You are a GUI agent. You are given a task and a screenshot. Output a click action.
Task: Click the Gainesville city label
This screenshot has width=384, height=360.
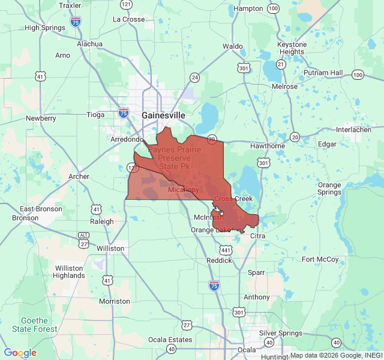point(163,115)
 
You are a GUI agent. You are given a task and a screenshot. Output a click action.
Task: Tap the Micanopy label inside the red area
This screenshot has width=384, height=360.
point(183,190)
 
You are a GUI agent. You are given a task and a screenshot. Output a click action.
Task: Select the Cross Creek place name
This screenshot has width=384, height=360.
point(233,199)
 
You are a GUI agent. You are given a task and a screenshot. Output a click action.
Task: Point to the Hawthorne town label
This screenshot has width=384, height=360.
point(267,146)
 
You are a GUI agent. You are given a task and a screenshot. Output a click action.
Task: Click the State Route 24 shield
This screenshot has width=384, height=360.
point(194,77)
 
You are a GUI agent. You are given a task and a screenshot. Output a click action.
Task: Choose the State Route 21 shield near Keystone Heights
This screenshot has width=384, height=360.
point(281,64)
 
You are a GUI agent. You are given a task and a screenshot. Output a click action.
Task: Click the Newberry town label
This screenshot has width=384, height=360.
point(41,118)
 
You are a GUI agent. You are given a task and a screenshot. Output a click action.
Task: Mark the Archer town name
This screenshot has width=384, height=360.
point(79,176)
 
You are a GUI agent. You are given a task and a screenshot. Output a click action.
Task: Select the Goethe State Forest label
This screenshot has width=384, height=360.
point(39,325)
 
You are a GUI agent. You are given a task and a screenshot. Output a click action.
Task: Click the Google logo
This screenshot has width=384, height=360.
point(20,353)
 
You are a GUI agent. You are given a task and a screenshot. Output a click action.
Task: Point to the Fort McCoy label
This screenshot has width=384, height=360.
point(320,259)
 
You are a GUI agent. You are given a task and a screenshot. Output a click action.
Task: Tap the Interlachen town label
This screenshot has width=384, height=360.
point(354,130)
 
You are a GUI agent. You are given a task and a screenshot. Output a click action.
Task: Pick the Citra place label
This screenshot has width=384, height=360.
point(257,236)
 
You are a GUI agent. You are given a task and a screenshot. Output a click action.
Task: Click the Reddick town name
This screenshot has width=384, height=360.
point(219,260)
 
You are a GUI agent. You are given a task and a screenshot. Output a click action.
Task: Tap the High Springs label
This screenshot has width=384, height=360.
point(44,28)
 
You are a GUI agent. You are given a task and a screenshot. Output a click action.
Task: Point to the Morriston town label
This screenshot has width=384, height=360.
point(114,301)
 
